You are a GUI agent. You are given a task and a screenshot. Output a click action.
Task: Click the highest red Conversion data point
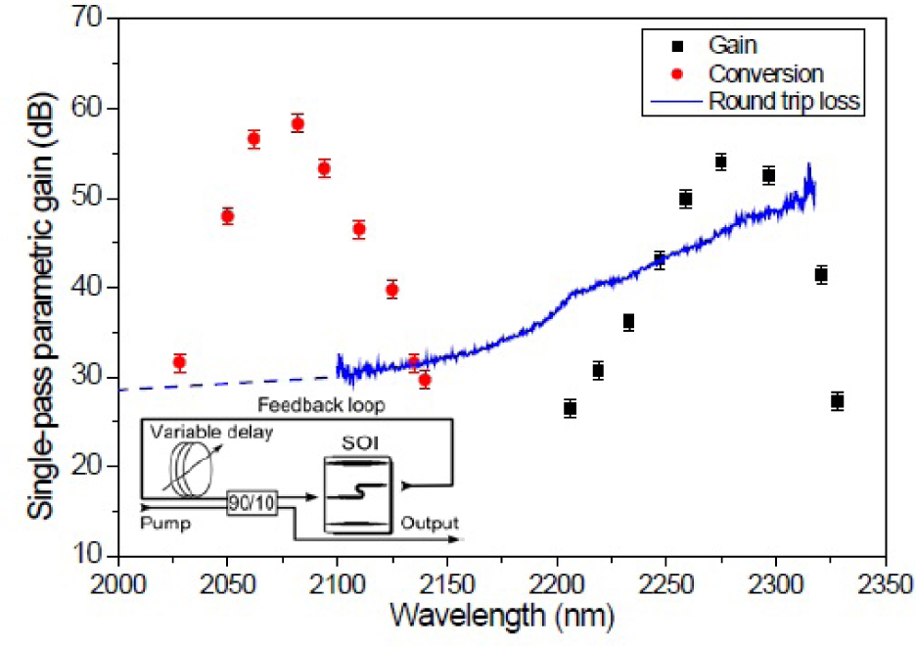(x=298, y=123)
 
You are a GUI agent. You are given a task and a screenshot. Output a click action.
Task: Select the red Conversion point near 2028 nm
(x=179, y=362)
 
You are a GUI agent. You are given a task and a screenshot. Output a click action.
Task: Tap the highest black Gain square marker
(x=720, y=162)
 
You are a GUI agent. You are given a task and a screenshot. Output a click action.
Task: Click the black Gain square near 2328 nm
(x=837, y=401)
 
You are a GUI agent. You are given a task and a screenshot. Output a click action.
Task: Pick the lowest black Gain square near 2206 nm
(x=571, y=408)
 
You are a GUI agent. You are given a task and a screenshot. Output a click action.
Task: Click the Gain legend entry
(x=729, y=45)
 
